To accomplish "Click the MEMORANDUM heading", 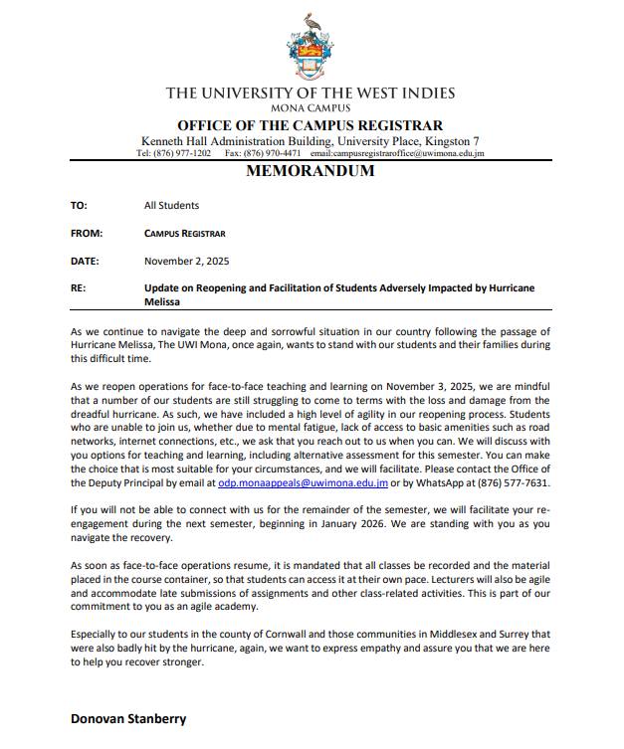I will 311,171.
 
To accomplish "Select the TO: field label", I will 80,206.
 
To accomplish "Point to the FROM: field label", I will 85,234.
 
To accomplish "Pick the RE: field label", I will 78,288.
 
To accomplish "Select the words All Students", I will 171,206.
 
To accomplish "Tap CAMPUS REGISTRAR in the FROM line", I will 184,234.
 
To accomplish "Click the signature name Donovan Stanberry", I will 128,718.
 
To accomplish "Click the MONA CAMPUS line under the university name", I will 311,107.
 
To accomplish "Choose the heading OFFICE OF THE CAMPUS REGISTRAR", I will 311,125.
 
